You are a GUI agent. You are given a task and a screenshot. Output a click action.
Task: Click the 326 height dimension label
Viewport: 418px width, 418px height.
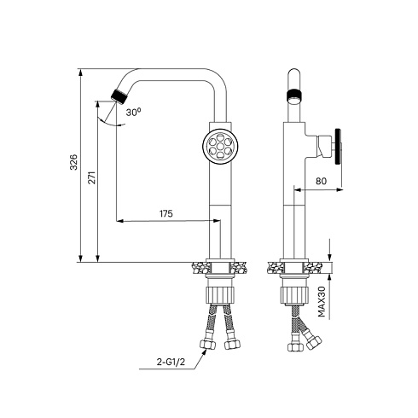[73, 162]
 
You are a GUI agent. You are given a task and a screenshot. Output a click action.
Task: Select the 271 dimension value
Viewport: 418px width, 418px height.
[91, 177]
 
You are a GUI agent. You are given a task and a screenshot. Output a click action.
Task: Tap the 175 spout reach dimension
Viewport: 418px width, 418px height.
[166, 213]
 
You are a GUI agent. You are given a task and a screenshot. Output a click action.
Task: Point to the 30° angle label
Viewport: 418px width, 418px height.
[133, 112]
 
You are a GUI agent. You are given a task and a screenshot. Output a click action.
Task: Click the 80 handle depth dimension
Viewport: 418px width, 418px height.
[321, 181]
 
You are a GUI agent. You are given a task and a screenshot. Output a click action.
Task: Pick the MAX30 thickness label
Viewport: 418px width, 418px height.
[322, 302]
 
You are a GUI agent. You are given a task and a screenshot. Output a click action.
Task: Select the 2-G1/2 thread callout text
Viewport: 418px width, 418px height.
[171, 362]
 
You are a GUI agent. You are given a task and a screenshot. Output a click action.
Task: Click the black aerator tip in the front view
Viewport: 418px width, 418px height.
[119, 96]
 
